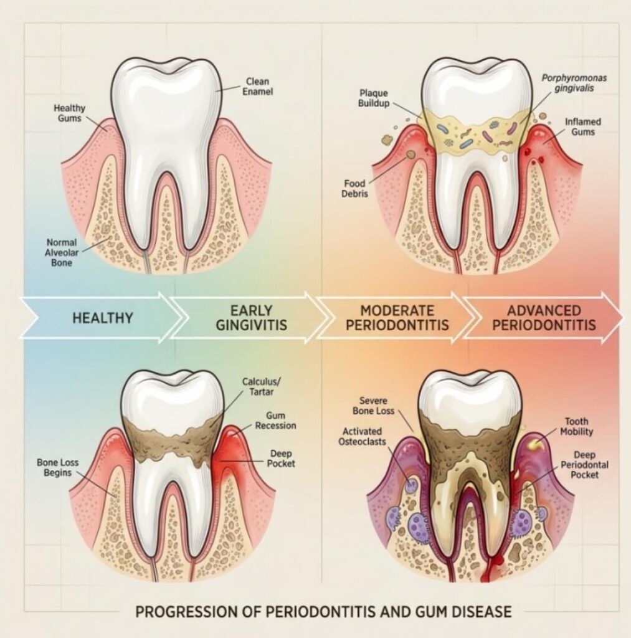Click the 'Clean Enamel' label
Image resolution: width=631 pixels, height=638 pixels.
click(x=257, y=86)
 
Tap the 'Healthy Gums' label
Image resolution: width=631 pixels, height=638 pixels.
click(x=70, y=113)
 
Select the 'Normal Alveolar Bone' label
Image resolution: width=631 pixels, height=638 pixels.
click(x=62, y=252)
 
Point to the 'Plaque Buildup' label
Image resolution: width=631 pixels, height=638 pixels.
click(x=374, y=98)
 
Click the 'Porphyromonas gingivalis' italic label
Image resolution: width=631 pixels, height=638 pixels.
click(x=574, y=83)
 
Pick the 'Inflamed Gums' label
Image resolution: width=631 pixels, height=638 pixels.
click(x=582, y=126)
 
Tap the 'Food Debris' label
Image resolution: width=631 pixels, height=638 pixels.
click(x=354, y=188)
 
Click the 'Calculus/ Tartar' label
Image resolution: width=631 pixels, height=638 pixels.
click(x=261, y=386)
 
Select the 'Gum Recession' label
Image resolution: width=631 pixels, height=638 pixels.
click(x=275, y=421)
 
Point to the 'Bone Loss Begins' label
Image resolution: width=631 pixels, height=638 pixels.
click(x=57, y=467)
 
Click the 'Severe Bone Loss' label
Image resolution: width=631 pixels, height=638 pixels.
click(x=374, y=406)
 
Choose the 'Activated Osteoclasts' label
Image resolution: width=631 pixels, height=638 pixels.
click(x=362, y=436)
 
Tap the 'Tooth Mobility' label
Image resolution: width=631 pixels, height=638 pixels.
click(x=576, y=426)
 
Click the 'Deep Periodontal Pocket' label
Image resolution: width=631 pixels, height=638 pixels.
click(x=585, y=465)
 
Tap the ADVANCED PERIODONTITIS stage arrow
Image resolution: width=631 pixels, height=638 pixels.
click(x=544, y=317)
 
